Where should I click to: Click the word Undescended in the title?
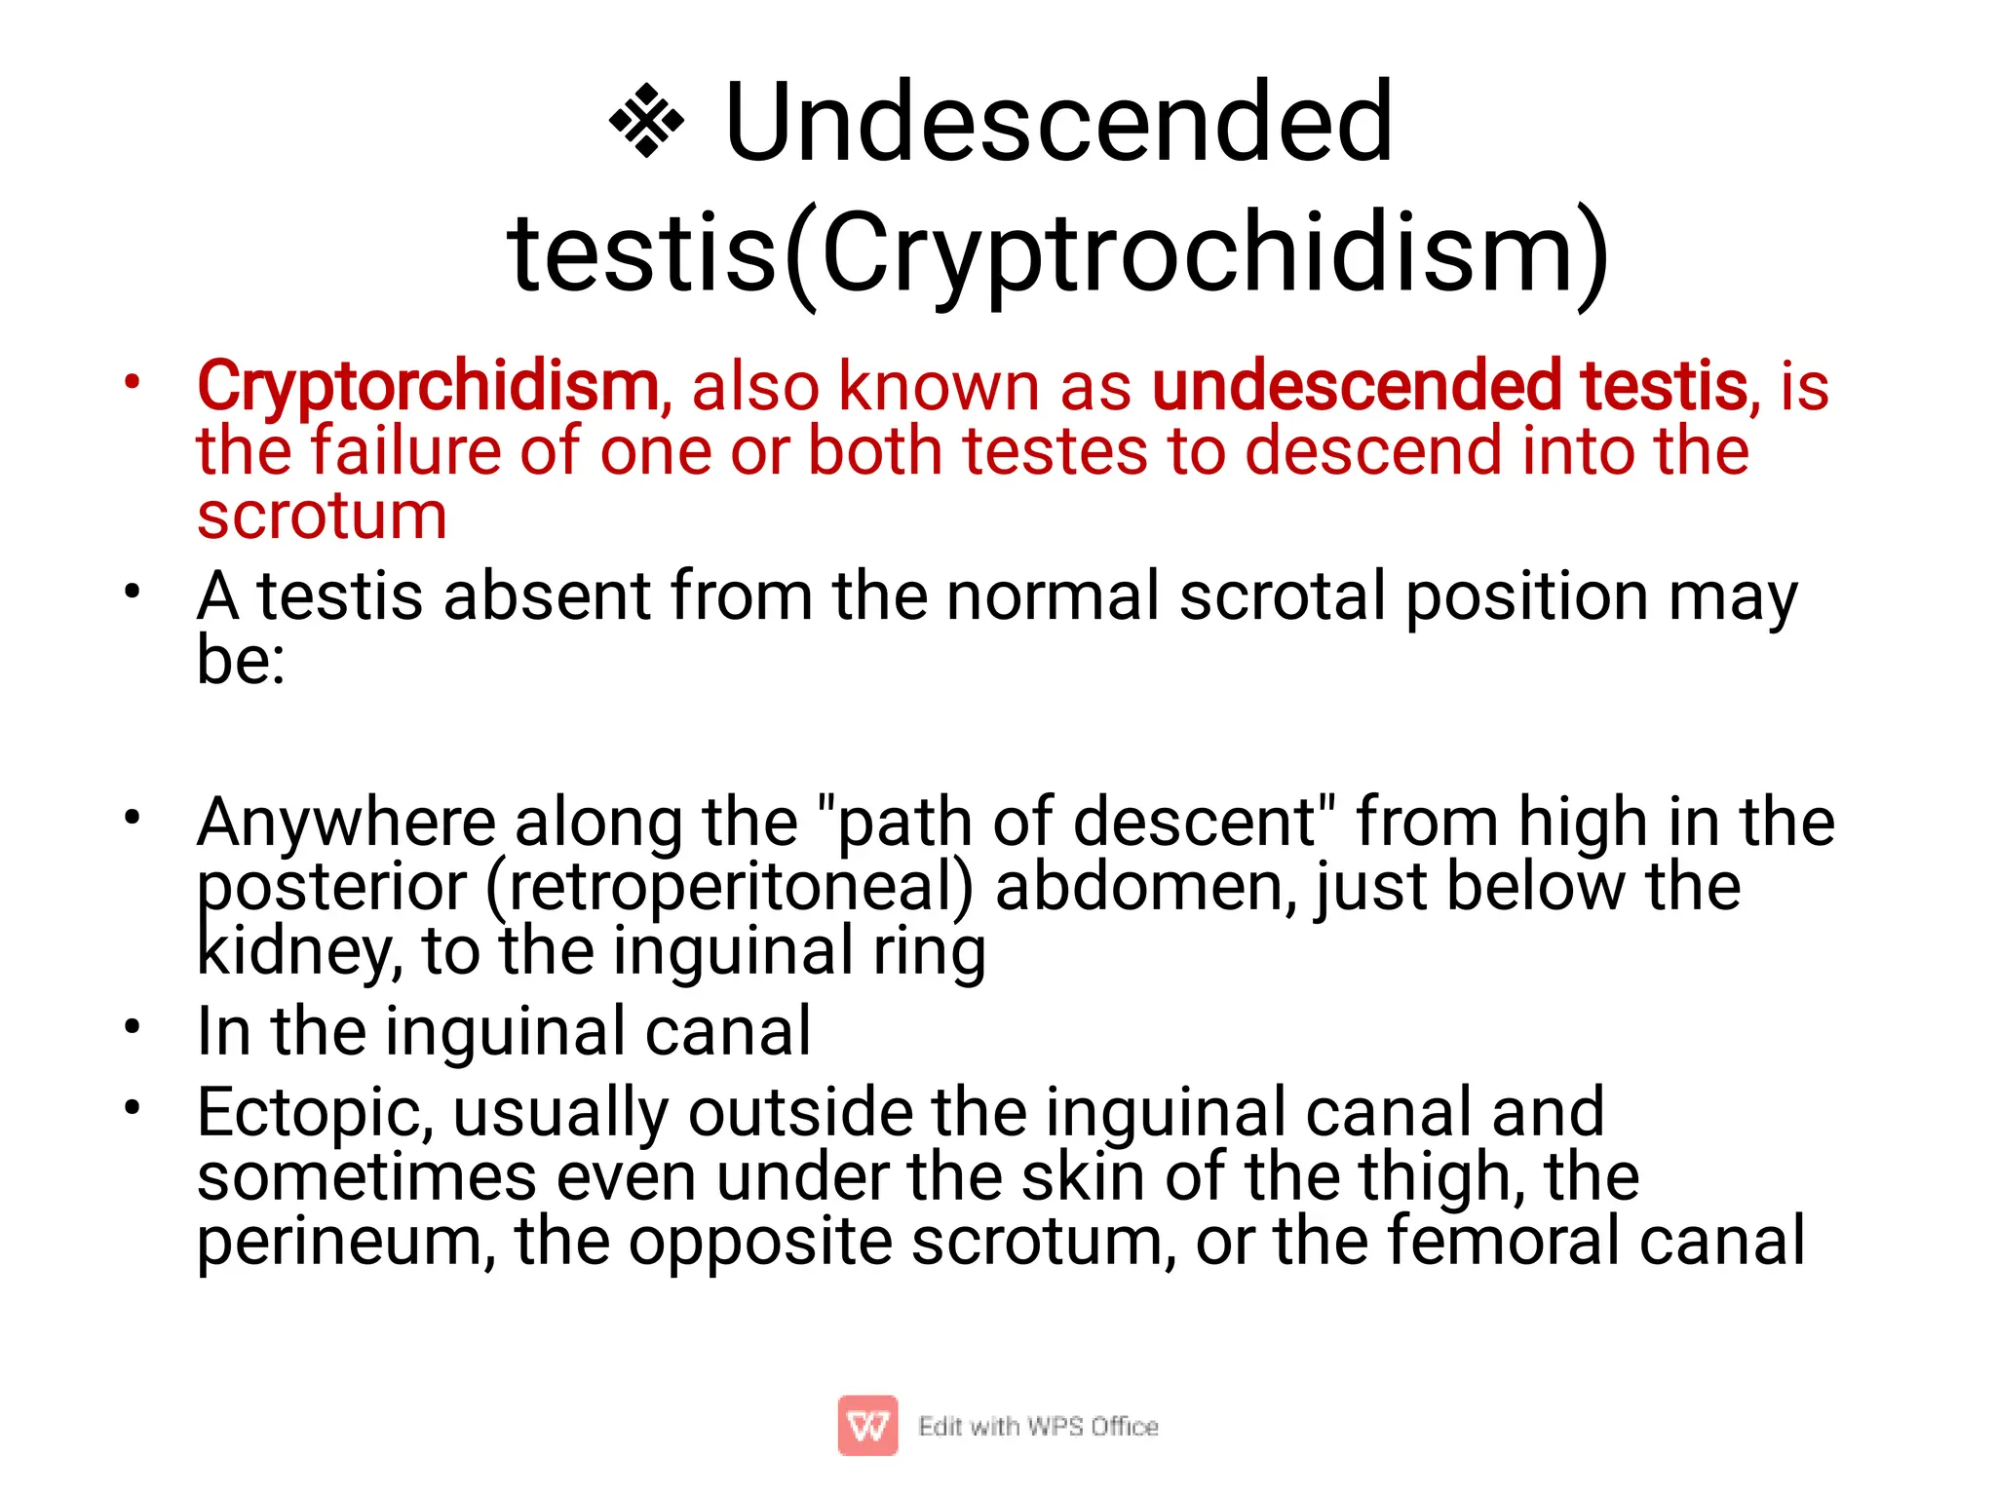pos(1058,123)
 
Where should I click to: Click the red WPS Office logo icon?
pos(867,1426)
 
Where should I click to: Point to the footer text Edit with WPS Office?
pos(1038,1427)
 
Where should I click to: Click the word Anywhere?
pos(346,823)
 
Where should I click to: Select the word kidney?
pos(297,951)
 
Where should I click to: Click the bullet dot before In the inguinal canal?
pos(133,1026)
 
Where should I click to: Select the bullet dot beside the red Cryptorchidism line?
pos(133,380)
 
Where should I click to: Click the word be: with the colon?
pos(241,661)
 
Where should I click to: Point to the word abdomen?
pos(1145,887)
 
